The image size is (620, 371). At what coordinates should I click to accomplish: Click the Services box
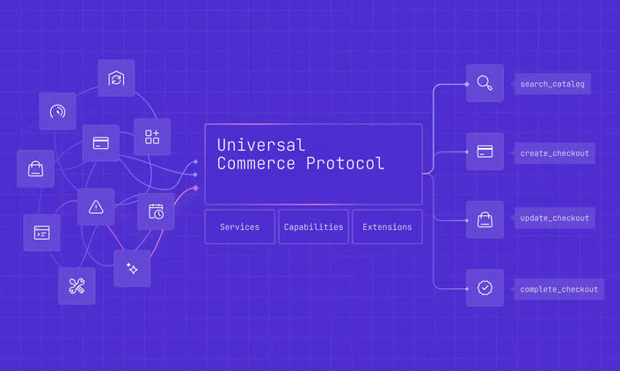[240, 226]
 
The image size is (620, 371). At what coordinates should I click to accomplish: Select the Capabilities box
[313, 226]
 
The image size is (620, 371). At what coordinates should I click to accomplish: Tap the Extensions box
[387, 226]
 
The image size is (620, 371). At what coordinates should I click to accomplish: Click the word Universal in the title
[260, 145]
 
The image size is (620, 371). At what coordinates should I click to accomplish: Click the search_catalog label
[551, 85]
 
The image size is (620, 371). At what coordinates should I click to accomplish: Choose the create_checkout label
[554, 152]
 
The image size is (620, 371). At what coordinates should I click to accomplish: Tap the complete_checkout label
[558, 288]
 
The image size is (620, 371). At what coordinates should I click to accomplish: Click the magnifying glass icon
[485, 84]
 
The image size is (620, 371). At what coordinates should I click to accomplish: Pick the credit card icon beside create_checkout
[485, 152]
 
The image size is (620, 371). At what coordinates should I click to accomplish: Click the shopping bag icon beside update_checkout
[485, 219]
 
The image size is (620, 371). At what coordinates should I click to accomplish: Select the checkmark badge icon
[485, 287]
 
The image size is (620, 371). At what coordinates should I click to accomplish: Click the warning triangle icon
[96, 207]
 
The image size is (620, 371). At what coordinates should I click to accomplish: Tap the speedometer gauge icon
[57, 111]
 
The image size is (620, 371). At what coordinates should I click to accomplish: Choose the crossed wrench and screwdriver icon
[77, 286]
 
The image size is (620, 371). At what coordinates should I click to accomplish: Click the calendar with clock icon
[156, 211]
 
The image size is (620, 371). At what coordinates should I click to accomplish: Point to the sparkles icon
[132, 268]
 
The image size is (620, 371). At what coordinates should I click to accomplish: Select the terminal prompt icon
[41, 233]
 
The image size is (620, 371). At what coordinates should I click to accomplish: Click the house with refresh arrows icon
[116, 78]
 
